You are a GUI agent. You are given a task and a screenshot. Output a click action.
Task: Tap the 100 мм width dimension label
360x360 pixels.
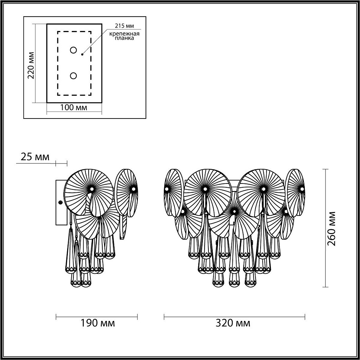coord(74,108)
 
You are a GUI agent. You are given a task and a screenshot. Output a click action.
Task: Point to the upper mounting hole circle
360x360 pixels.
coord(73,50)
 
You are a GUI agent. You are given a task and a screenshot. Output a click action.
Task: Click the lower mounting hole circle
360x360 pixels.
coord(73,76)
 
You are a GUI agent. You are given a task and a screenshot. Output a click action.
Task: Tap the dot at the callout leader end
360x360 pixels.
coord(82,54)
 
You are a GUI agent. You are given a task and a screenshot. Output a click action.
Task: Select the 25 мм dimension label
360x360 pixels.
coord(35,157)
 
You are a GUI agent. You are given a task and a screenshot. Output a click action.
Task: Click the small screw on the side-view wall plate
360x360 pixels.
coord(60,203)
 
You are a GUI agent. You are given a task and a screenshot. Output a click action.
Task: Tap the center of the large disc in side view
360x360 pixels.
coord(91,189)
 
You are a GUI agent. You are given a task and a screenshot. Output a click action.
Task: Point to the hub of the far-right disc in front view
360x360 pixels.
coord(302,189)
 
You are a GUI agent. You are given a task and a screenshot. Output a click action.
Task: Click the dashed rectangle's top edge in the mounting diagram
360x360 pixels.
coord(74,32)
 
